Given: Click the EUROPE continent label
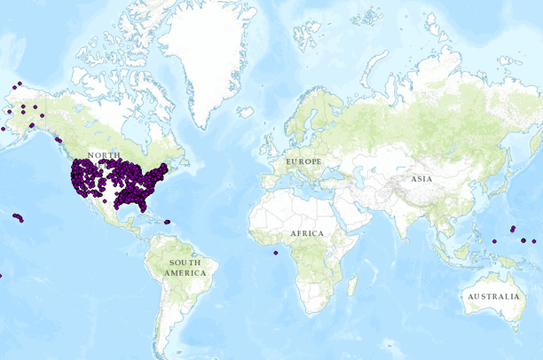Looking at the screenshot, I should tap(303, 162).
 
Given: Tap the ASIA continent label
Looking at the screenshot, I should tap(421, 178).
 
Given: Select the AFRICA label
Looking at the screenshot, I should tap(307, 233).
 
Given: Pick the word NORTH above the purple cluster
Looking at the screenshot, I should tap(104, 155).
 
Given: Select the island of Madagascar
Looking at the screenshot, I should tap(352, 284).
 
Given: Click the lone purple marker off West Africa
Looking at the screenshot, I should tap(276, 253).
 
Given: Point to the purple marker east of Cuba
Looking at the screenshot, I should tap(167, 222).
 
